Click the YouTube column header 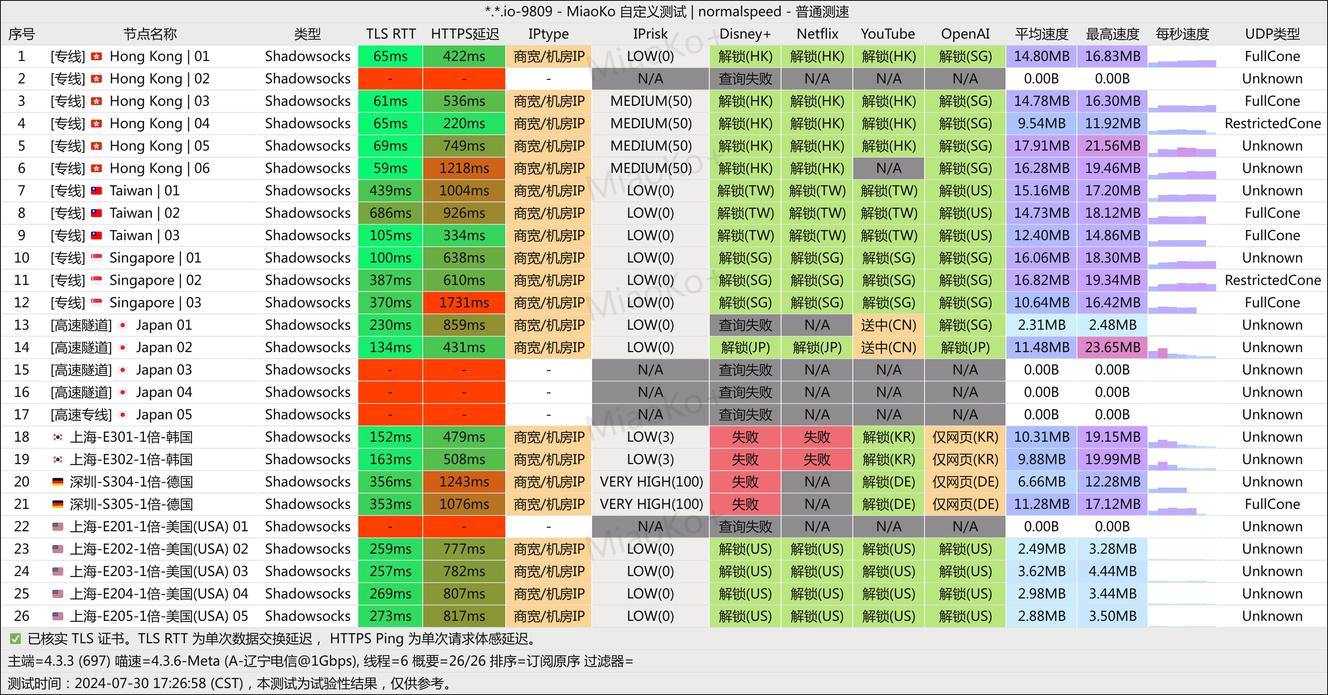pyautogui.click(x=888, y=34)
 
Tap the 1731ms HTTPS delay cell pyautogui.click(x=464, y=303)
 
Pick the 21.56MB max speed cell pyautogui.click(x=1112, y=146)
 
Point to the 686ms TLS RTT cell pyautogui.click(x=390, y=213)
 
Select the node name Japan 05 pyautogui.click(x=164, y=415)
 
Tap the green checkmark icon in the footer pyautogui.click(x=15, y=639)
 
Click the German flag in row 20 pyautogui.click(x=58, y=482)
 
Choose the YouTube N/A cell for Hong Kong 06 pyautogui.click(x=889, y=169)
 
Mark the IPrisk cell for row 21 pyautogui.click(x=651, y=504)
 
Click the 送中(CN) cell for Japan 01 pyautogui.click(x=889, y=325)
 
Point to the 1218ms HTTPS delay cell pyautogui.click(x=464, y=169)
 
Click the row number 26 pyautogui.click(x=22, y=616)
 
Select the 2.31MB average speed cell pyautogui.click(x=1041, y=325)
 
